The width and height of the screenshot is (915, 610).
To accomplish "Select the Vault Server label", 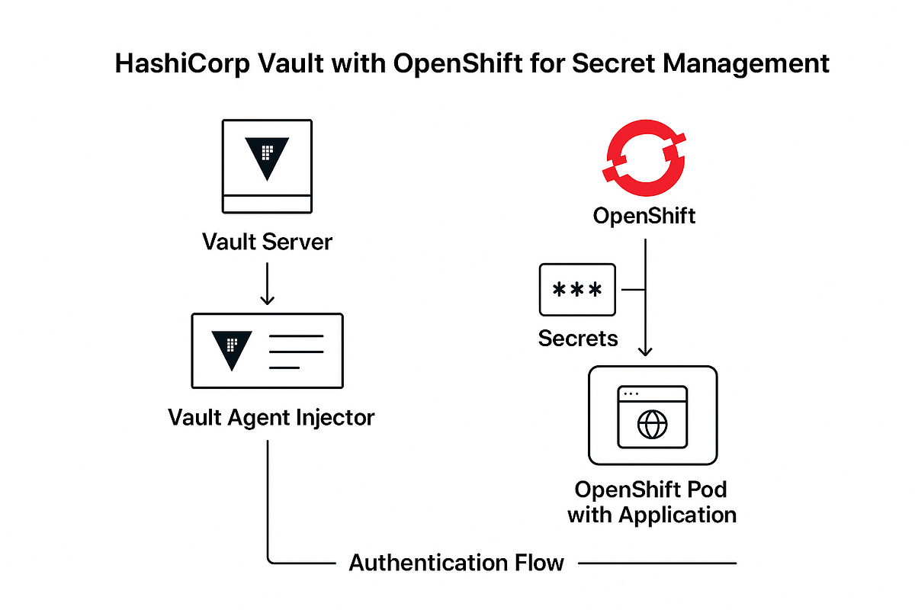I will (267, 242).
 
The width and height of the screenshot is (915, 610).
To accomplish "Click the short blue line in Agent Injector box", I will (284, 367).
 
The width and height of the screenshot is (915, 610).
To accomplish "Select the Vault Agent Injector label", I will (271, 417).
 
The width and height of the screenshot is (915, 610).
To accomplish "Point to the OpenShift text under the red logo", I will (644, 216).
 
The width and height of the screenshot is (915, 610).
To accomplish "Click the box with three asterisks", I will (576, 290).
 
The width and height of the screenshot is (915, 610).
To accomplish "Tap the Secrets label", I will (578, 338).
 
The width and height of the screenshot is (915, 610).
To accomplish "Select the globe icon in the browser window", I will (652, 425).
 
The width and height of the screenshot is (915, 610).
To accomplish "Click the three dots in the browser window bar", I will (632, 394).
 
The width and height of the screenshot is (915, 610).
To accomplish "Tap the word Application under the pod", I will (677, 515).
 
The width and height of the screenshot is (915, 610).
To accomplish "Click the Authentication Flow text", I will (456, 563).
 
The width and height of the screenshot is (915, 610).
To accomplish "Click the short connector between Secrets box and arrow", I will (634, 290).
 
